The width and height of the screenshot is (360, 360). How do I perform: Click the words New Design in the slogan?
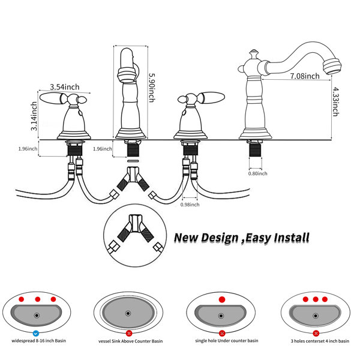[202, 238]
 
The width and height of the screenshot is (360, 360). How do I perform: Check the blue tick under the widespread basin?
[36, 332]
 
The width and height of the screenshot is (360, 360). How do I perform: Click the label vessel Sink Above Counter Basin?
[128, 341]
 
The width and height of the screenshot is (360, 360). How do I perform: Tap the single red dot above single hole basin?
[222, 299]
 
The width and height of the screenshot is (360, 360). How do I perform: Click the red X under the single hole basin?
[222, 332]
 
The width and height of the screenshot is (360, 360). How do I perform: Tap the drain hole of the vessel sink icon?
[129, 313]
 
